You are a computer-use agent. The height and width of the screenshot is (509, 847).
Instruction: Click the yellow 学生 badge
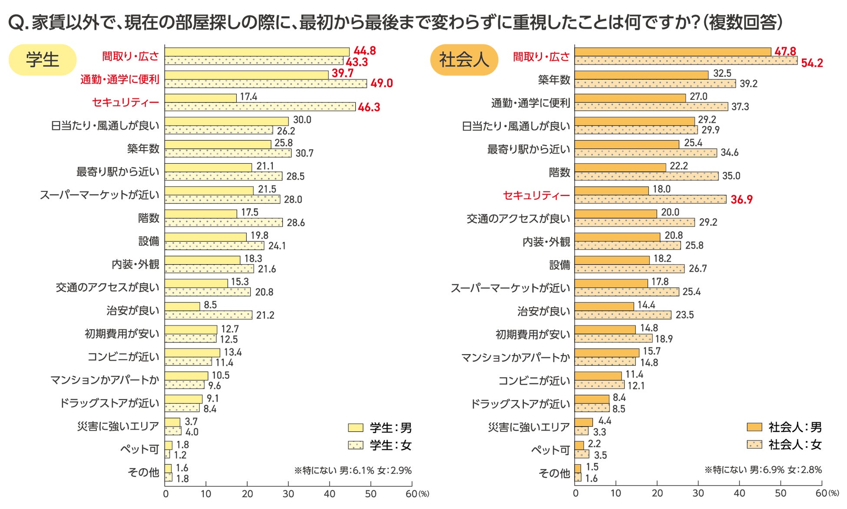[x=43, y=60]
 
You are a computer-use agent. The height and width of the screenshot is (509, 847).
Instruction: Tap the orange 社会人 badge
[x=464, y=60]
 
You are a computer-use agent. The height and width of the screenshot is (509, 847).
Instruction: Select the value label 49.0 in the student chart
[x=381, y=83]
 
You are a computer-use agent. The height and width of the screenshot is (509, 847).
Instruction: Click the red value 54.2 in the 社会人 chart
[x=812, y=63]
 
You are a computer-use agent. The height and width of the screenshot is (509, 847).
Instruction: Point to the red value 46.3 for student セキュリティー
[x=369, y=107]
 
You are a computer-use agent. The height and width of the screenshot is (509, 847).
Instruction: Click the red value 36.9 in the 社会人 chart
[x=741, y=200]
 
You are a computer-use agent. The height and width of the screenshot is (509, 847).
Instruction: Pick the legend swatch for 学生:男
[x=355, y=428]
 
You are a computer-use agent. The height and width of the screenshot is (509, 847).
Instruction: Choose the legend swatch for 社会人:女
[x=754, y=444]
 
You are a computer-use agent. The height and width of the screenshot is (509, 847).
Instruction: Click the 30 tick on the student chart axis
[x=288, y=494]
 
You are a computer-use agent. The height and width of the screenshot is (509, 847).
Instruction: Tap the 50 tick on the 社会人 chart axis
[x=781, y=493]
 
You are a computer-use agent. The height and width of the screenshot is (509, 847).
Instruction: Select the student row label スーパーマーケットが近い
[x=100, y=195]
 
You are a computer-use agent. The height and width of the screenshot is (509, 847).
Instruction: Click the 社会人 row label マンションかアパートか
[x=515, y=358]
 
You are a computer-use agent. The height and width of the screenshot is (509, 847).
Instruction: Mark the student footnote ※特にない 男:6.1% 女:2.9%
[x=353, y=470]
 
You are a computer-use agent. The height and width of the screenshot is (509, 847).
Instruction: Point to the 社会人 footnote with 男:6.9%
[x=763, y=470]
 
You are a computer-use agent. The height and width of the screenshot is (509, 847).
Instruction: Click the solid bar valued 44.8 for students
[x=257, y=52]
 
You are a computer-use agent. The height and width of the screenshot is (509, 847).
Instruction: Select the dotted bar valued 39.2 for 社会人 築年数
[x=655, y=84]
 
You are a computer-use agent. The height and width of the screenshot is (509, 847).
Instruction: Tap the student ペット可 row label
[x=140, y=449]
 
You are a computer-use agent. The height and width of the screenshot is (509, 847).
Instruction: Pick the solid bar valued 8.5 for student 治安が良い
[x=182, y=306]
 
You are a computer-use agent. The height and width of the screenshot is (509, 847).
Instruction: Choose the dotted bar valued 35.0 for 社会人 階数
[x=646, y=176]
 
